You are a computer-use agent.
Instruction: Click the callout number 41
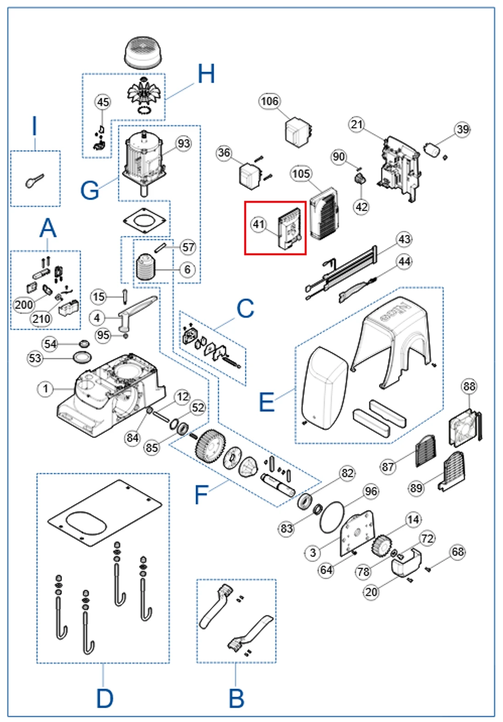[259, 224]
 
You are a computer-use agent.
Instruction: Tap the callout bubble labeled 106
[269, 101]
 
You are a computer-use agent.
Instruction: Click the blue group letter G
[89, 190]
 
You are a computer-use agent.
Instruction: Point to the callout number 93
[184, 144]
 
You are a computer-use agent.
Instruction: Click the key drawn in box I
[34, 180]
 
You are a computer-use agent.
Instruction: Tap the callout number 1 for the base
[45, 389]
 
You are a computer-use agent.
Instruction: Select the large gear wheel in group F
[210, 444]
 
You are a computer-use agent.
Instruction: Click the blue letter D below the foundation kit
[105, 699]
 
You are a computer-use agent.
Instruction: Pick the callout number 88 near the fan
[469, 386]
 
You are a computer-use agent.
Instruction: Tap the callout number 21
[357, 124]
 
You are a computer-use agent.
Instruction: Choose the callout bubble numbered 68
[458, 552]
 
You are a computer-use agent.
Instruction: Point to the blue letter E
[267, 402]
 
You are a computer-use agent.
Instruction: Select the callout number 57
[188, 247]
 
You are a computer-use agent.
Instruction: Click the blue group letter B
[236, 699]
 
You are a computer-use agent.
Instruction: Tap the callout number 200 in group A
[24, 304]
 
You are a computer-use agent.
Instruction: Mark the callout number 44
[404, 262]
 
